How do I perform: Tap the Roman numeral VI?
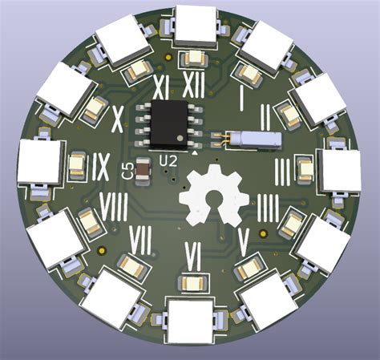pyautogui.click(x=192, y=257)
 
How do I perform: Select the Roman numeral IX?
pyautogui.click(x=100, y=166)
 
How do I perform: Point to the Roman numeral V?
pyautogui.click(x=247, y=237)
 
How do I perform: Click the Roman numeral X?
pyautogui.click(x=117, y=119)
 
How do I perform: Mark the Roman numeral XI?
pyautogui.click(x=159, y=86)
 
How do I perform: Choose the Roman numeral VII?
pyautogui.click(x=141, y=238)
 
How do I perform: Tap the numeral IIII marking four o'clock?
pyautogui.click(x=269, y=207)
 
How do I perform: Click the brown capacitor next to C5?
pyautogui.click(x=143, y=169)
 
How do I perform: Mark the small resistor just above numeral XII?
pyautogui.click(x=193, y=59)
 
